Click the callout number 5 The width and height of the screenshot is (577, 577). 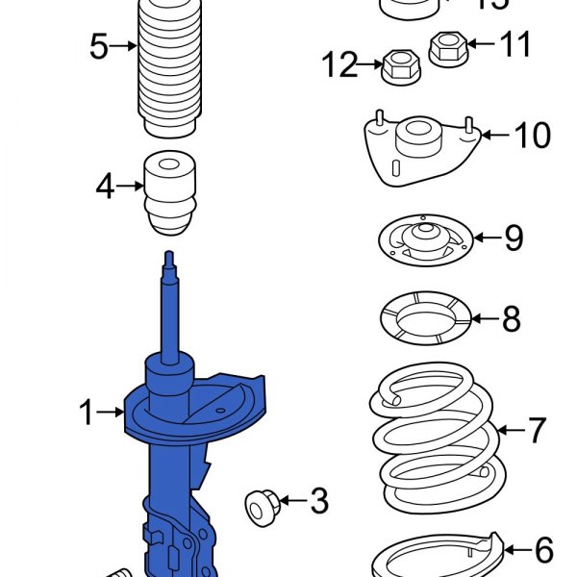(x=99, y=46)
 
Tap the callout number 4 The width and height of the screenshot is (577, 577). (x=105, y=186)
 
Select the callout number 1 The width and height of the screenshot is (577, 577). (x=87, y=414)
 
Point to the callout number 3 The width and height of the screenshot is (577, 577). (x=318, y=500)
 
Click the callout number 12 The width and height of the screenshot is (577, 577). (x=339, y=65)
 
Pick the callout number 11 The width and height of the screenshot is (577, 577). (x=514, y=43)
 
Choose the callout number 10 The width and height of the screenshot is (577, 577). (x=532, y=135)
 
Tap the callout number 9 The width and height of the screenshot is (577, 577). (x=514, y=237)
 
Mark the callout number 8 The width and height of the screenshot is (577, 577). (x=511, y=316)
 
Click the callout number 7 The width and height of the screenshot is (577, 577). (x=536, y=430)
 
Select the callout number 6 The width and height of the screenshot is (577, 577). (x=543, y=550)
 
